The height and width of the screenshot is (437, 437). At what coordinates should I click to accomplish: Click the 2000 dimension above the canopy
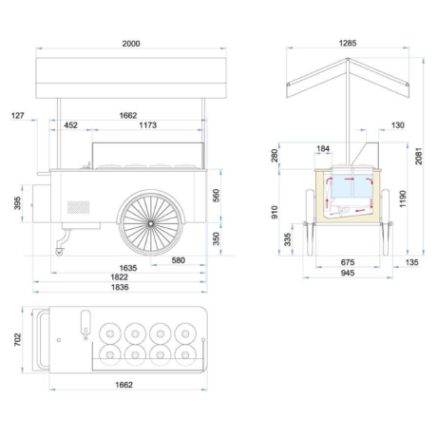pyautogui.click(x=131, y=44)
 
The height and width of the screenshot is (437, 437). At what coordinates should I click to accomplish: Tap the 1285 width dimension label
pyautogui.click(x=348, y=43)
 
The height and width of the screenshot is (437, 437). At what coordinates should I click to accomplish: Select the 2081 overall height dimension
pyautogui.click(x=419, y=156)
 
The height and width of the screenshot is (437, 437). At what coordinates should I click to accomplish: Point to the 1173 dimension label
pyautogui.click(x=148, y=125)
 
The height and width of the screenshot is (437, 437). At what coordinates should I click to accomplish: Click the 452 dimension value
pyautogui.click(x=70, y=125)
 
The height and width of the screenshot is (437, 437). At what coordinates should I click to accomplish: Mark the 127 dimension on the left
pyautogui.click(x=17, y=116)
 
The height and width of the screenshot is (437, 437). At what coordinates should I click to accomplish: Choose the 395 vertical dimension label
pyautogui.click(x=17, y=203)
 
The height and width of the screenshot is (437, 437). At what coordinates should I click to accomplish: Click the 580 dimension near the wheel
pyautogui.click(x=178, y=260)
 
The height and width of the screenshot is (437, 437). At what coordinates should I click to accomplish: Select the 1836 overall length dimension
pyautogui.click(x=120, y=287)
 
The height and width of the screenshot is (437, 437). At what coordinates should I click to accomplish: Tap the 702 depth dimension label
pyautogui.click(x=17, y=339)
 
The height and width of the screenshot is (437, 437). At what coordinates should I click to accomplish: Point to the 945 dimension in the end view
pyautogui.click(x=348, y=273)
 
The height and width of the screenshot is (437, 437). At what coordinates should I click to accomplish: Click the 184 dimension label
pyautogui.click(x=323, y=148)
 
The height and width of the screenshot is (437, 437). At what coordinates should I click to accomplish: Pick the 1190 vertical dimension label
pyautogui.click(x=403, y=199)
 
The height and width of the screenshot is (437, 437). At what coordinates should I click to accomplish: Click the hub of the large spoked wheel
pyautogui.click(x=151, y=223)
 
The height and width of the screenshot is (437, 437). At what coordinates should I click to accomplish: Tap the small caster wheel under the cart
pyautogui.click(x=59, y=252)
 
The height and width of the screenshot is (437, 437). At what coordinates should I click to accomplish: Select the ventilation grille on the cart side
pyautogui.click(x=78, y=207)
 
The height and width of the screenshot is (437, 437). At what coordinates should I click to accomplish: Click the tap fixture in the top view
pyautogui.click(x=85, y=325)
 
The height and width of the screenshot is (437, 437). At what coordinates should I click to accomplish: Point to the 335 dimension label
pyautogui.click(x=287, y=239)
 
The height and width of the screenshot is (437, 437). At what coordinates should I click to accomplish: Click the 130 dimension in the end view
pyautogui.click(x=398, y=125)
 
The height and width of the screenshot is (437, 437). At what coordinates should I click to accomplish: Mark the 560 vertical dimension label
pyautogui.click(x=216, y=196)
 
